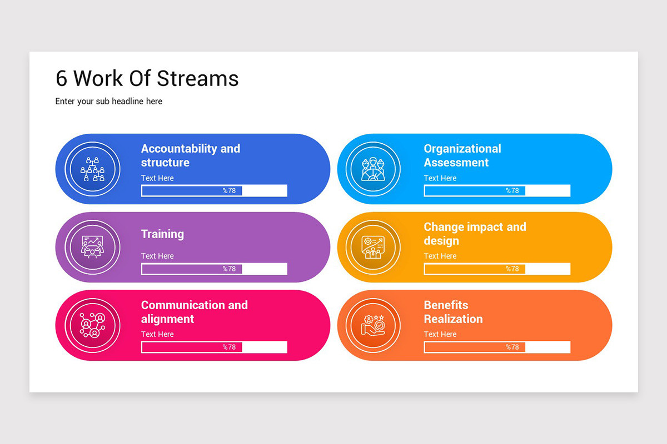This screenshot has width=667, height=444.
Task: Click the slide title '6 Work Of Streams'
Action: (x=147, y=78)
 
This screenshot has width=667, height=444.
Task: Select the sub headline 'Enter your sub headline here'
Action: (x=109, y=102)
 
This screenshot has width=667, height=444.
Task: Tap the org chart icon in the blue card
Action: (x=93, y=169)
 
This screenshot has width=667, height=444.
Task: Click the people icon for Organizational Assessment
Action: (x=373, y=169)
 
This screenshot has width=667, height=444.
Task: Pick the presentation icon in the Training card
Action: (x=93, y=247)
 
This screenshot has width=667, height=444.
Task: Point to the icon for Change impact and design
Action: (x=373, y=247)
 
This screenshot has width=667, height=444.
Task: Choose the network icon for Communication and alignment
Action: (x=93, y=325)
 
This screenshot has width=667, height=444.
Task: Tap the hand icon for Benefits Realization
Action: (x=373, y=325)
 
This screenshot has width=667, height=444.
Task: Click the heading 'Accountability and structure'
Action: (x=191, y=155)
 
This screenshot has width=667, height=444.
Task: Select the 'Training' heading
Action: (x=162, y=234)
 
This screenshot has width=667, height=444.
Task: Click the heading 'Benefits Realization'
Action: (x=453, y=312)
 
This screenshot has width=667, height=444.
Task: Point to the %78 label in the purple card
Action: (x=229, y=269)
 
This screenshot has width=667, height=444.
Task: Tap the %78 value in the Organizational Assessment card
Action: (x=512, y=190)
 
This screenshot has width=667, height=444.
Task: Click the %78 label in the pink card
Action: (x=229, y=347)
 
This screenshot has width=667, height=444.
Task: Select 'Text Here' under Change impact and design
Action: (x=440, y=256)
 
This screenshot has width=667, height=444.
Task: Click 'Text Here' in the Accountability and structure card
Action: (x=157, y=178)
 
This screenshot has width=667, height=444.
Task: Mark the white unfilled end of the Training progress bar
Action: (x=265, y=269)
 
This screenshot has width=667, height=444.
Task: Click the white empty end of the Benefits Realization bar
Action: (x=547, y=347)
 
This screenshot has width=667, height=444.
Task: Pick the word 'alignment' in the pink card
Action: (x=167, y=319)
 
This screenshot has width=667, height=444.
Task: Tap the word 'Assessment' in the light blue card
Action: (x=456, y=163)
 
